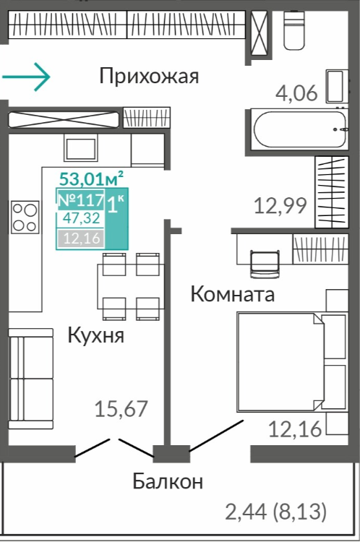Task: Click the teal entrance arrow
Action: tap(26, 77)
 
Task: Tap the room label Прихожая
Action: tap(149, 77)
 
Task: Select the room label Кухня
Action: tap(96, 335)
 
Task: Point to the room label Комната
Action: tap(233, 294)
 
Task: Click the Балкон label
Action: tap(168, 481)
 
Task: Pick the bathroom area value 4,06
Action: tap(296, 93)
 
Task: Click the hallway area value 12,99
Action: tap(280, 206)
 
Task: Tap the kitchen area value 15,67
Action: tap(121, 408)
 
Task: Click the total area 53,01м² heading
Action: tap(91, 178)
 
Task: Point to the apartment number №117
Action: tap(81, 199)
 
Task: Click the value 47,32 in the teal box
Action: tap(82, 218)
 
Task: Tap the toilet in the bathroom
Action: tap(294, 30)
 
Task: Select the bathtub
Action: tap(299, 129)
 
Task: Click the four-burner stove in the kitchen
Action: tap(25, 217)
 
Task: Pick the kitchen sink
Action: tap(80, 147)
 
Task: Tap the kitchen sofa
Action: tap(31, 379)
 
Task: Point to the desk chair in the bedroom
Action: tap(265, 264)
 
